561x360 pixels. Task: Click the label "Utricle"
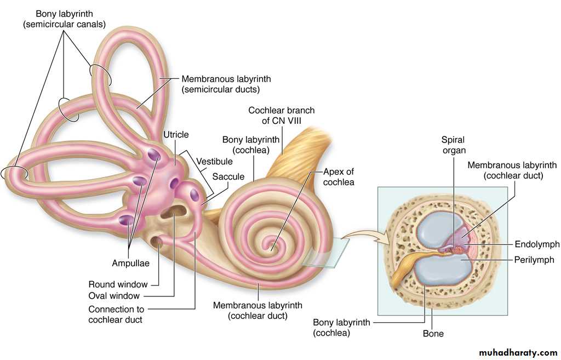176,135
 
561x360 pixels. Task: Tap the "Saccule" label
228,176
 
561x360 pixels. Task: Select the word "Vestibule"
215,162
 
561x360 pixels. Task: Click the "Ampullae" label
130,263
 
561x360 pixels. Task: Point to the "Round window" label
118,284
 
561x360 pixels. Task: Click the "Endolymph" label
537,244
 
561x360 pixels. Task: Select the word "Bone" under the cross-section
433,333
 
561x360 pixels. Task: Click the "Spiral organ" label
454,145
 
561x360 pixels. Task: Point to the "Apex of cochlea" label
339,176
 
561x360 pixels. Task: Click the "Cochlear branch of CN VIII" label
281,116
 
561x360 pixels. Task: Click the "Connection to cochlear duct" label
116,315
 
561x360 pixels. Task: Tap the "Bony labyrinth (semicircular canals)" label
65,18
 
